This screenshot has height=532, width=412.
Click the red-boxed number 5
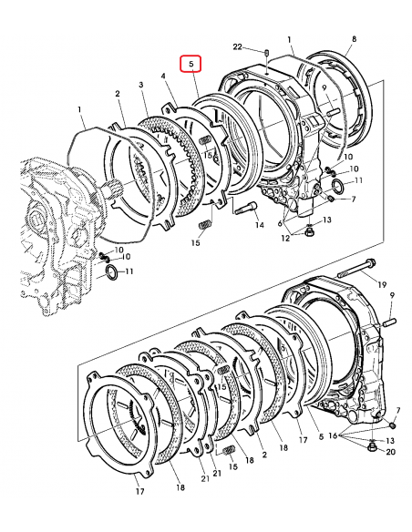191,64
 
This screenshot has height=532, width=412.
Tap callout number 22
237,46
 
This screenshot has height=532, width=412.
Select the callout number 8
354,38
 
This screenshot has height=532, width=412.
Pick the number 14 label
260,225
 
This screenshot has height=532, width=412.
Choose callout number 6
280,223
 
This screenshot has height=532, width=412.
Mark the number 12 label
285,238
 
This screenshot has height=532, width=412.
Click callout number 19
382,284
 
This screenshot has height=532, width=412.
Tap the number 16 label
333,435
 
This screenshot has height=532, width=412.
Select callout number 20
391,452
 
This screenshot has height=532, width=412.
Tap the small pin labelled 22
267,53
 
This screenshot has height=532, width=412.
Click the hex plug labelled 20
372,447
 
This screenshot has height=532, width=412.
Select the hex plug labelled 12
309,231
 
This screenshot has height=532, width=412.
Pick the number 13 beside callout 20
390,440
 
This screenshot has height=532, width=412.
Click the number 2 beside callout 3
118,93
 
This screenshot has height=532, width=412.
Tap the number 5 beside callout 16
321,436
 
